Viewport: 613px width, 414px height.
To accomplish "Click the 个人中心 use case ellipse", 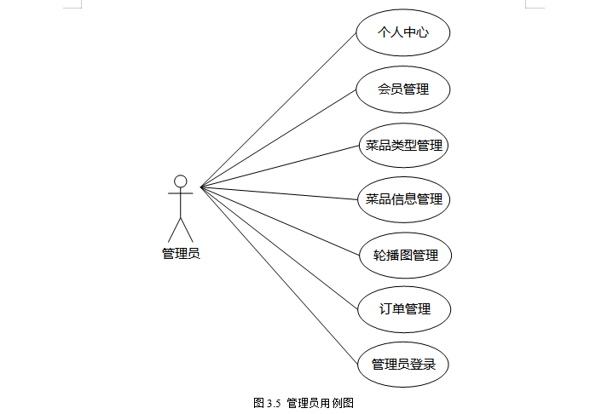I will tap(403, 34).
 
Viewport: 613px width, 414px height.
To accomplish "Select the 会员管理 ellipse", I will tap(403, 89).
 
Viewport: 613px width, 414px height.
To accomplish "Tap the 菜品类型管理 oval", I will tap(403, 145).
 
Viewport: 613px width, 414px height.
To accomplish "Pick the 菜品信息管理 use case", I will tap(403, 199).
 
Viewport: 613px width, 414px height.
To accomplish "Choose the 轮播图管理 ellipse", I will tap(404, 255).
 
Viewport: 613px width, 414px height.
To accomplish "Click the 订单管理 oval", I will tap(404, 309).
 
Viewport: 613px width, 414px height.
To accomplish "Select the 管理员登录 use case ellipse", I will tap(403, 365).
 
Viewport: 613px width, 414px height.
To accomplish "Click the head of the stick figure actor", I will tap(180, 181).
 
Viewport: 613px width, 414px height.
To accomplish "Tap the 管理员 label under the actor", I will tap(181, 253).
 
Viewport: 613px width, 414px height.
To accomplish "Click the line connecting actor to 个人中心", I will tap(278, 110).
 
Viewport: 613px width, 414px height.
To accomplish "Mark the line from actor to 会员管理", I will tap(278, 139).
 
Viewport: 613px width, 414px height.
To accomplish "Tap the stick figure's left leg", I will tap(174, 229).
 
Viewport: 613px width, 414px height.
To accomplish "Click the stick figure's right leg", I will tap(187, 229).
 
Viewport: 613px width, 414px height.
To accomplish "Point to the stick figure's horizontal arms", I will tap(180, 194).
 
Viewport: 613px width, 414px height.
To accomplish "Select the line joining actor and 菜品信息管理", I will tap(278, 193).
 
